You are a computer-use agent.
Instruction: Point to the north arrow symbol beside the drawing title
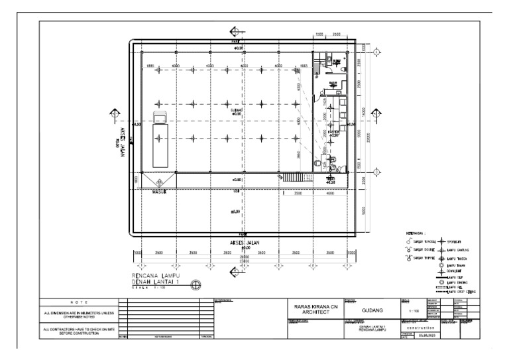coord(196,285)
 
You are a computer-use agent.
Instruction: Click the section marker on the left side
coord(115,114)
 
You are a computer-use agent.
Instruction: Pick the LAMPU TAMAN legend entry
coord(456,265)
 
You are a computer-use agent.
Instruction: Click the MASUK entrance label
coord(159,193)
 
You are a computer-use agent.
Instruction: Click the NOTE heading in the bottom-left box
coord(79,302)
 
